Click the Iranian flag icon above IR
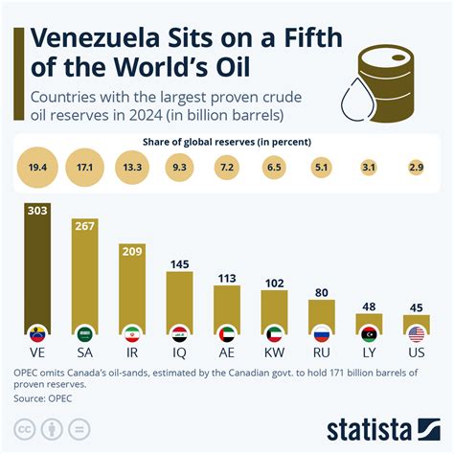click(133, 334)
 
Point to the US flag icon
click(416, 334)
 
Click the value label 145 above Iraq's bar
click(180, 262)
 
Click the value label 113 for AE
click(227, 279)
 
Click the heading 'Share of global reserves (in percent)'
click(227, 143)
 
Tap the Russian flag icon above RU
click(321, 334)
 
